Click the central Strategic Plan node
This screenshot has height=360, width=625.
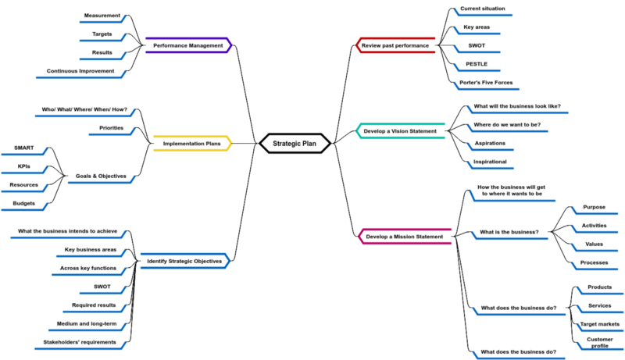click(x=295, y=144)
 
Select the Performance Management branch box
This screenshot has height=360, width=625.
click(x=187, y=45)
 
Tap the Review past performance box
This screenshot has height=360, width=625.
click(x=395, y=45)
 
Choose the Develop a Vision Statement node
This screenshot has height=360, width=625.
click(x=400, y=131)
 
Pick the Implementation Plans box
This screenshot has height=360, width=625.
click(x=191, y=144)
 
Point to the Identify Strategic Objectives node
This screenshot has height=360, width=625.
click(x=184, y=261)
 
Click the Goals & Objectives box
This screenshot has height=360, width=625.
click(x=102, y=176)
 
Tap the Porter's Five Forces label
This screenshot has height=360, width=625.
click(x=487, y=82)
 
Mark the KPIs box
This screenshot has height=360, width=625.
click(x=23, y=166)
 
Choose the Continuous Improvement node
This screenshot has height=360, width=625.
click(x=80, y=71)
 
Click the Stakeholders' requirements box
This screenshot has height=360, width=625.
click(x=79, y=342)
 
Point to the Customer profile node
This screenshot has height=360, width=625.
click(x=599, y=343)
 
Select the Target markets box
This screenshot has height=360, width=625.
click(x=599, y=324)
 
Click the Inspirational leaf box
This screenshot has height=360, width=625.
click(x=490, y=162)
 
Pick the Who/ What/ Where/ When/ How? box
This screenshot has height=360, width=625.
click(x=84, y=109)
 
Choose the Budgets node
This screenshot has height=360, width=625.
click(x=23, y=203)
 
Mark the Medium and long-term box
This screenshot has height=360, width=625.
click(x=86, y=323)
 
